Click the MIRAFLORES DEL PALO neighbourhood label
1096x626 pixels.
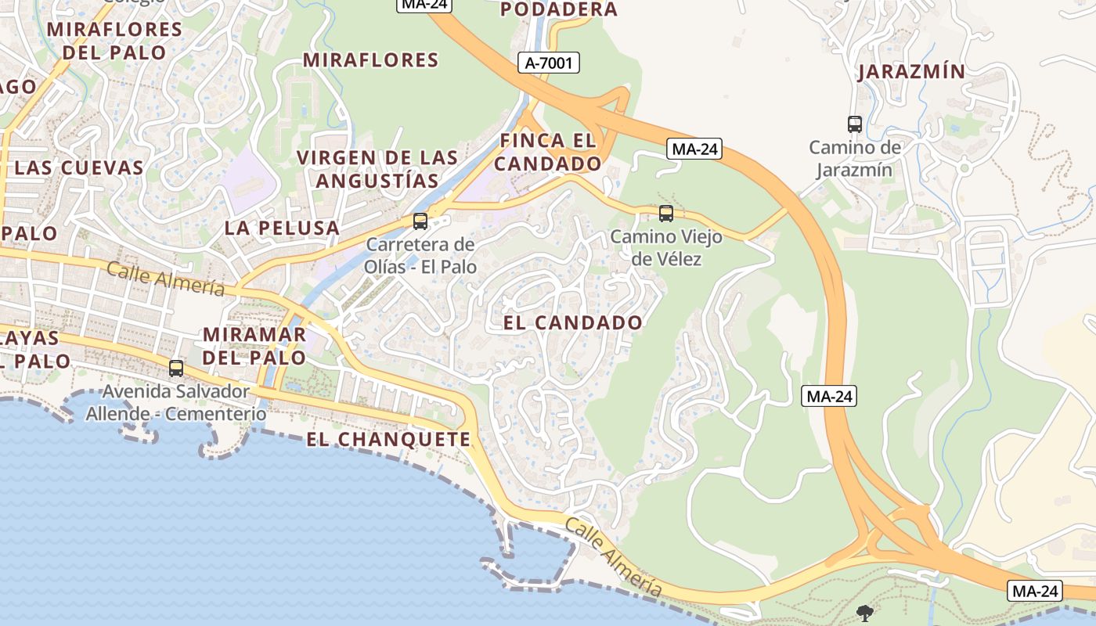pos(114,41)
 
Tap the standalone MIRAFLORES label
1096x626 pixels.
pos(370,60)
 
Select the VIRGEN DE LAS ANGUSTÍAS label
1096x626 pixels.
pos(377,169)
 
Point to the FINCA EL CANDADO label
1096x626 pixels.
pos(547,153)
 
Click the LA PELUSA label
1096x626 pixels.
pos(282,228)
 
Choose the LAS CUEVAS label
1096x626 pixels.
pos(79,167)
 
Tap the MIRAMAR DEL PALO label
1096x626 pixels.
pos(254,346)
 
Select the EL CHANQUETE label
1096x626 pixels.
pos(388,440)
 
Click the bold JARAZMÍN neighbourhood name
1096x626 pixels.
pos(911,72)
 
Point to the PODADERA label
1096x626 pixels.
pos(558,9)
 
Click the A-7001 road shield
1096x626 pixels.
pos(548,63)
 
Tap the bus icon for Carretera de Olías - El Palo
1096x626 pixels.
pos(420,221)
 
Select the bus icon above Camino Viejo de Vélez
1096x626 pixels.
pos(666,213)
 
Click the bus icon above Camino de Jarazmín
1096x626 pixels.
pos(855,124)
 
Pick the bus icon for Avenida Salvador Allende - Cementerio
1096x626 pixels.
pos(176,368)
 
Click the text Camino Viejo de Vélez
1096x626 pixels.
pos(666,247)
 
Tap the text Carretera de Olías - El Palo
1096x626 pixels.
pos(420,255)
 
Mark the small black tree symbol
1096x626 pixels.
pos(865,613)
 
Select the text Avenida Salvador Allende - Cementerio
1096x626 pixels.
pos(176,402)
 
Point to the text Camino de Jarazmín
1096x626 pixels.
pos(855,158)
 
